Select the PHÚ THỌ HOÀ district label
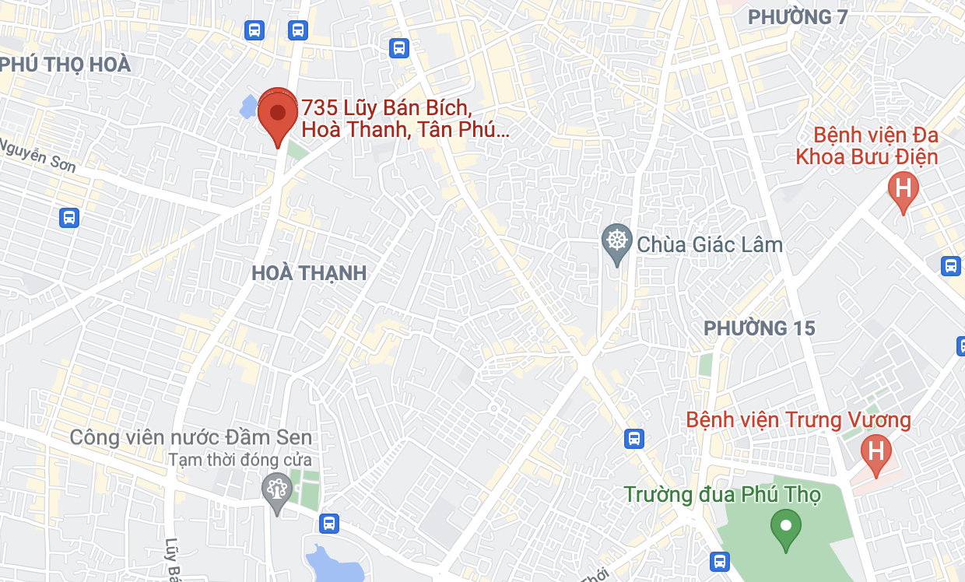[x=65, y=65]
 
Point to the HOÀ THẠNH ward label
[x=309, y=273]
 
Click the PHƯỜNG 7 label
[x=797, y=17]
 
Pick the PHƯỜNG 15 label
[x=760, y=328]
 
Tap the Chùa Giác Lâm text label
[x=710, y=244]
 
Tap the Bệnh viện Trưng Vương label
[x=798, y=421]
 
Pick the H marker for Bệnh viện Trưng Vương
[x=876, y=451]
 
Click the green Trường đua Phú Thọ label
[x=722, y=494]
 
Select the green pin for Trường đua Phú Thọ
[x=786, y=527]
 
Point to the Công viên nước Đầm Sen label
[x=191, y=437]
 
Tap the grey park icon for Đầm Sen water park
[x=275, y=489]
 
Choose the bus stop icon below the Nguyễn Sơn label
[x=69, y=217]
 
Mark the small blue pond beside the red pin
[x=248, y=107]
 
